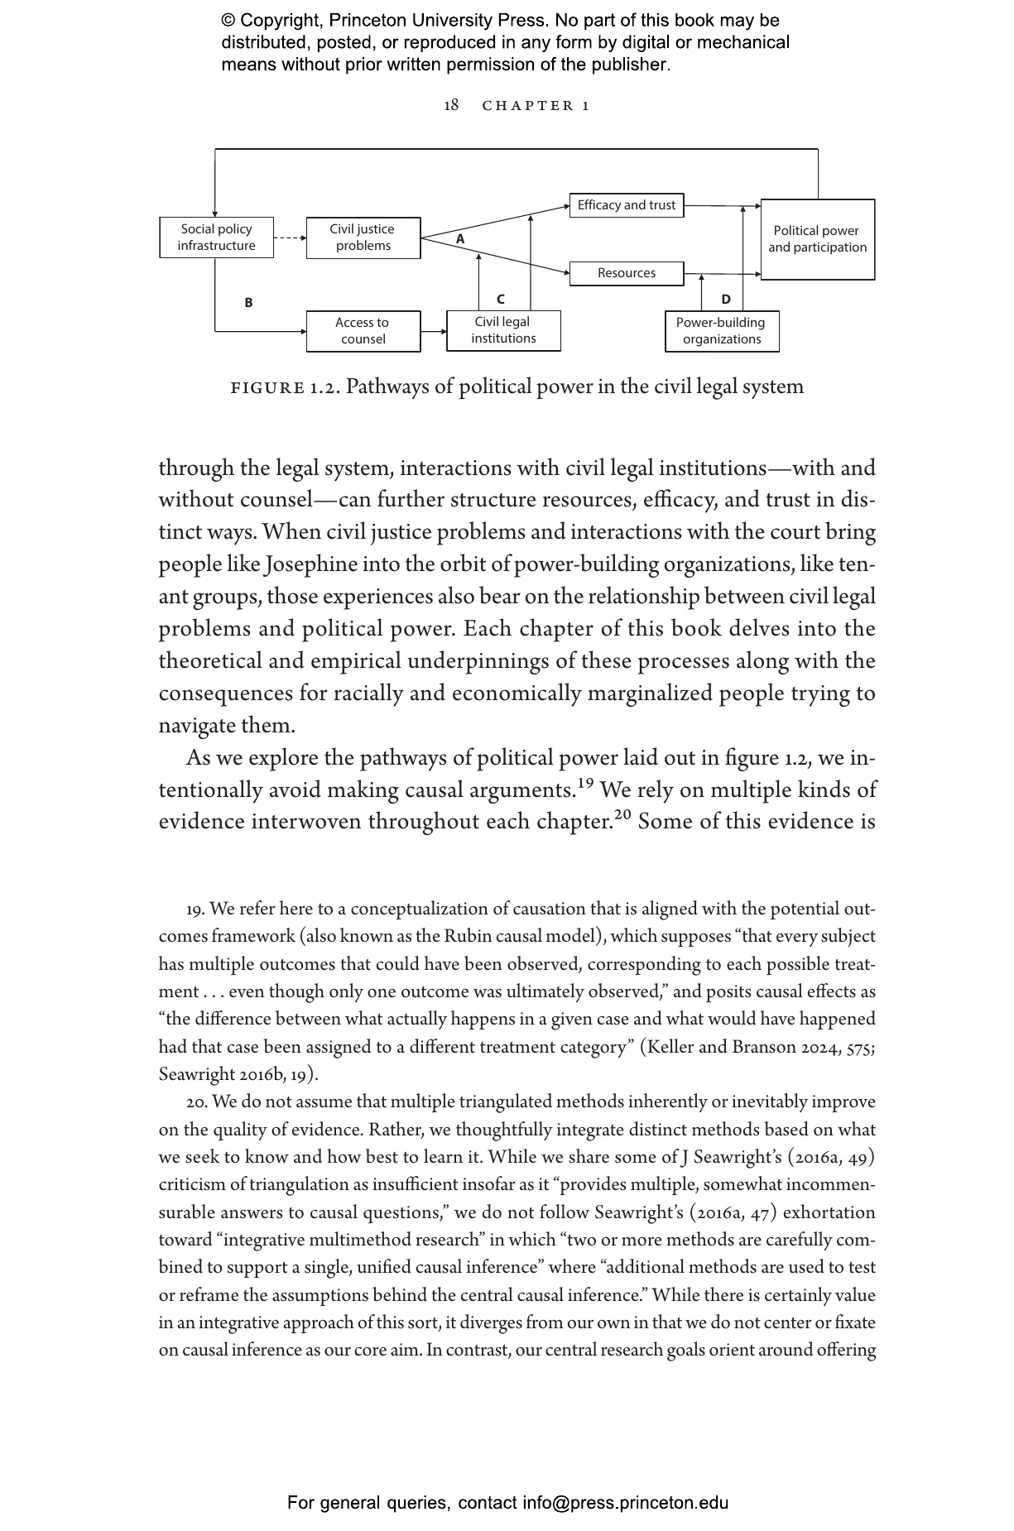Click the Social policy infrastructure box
coord(216,238)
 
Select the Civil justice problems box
coord(363,238)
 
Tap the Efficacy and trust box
coord(626,205)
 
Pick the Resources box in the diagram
coord(626,273)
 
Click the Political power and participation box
coord(817,239)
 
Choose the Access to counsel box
coord(363,331)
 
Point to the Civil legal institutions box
coord(503,330)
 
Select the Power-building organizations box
coord(721,331)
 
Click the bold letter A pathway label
coord(461,239)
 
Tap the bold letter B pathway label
coord(248,303)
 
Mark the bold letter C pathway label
coord(500,300)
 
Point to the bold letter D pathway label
coord(726,300)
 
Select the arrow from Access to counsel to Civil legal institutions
coord(433,331)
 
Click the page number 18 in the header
coord(451,105)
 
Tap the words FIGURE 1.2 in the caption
coord(285,387)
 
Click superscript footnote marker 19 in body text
coord(585,782)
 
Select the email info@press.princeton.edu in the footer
coord(625,1502)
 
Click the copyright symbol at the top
coord(228,21)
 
